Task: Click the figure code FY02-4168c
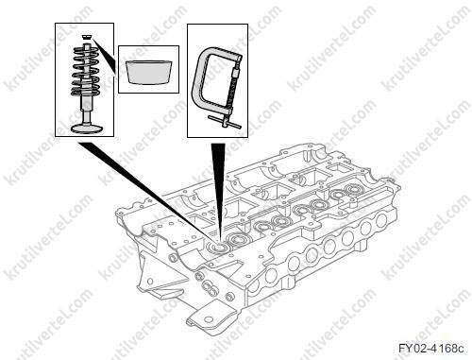click(431, 348)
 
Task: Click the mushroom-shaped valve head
click(87, 129)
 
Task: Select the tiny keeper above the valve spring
click(86, 37)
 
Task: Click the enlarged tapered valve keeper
click(149, 72)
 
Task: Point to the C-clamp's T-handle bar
click(225, 122)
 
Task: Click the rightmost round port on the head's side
click(382, 219)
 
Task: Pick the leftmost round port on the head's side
click(271, 275)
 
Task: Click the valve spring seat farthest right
click(352, 190)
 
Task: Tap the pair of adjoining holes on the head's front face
click(209, 287)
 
